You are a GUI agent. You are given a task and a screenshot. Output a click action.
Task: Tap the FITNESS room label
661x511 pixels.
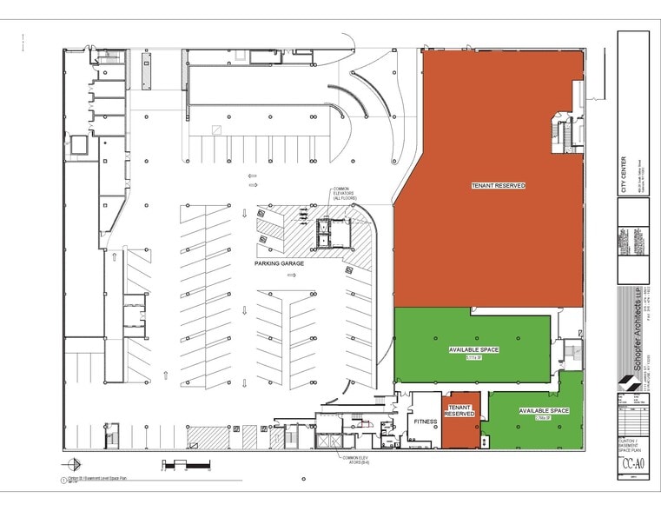pos(425,421)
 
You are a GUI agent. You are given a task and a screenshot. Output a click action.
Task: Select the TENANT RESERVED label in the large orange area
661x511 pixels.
pos(498,185)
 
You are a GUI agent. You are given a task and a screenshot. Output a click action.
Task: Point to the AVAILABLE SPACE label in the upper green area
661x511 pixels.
pos(473,349)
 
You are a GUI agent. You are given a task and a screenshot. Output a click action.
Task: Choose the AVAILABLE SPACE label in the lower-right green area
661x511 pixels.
pos(544,410)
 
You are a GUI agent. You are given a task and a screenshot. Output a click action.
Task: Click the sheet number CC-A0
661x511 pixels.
pos(631,463)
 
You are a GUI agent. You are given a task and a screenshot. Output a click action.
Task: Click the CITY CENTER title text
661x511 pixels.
pos(622,175)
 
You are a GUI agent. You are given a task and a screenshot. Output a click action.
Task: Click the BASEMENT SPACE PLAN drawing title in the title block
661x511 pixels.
pos(631,444)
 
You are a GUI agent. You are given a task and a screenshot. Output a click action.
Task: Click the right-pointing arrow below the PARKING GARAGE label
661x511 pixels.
pos(293,275)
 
